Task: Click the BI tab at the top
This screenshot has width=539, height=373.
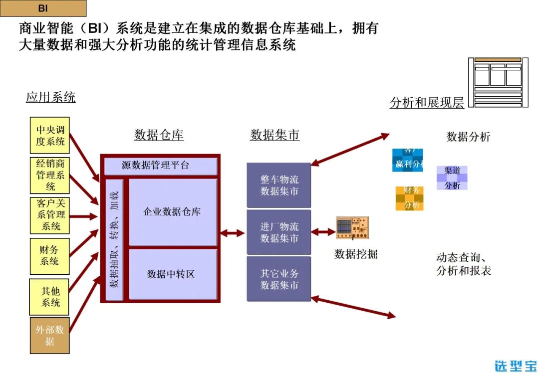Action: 42,8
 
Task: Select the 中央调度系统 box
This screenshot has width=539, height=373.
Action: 50,135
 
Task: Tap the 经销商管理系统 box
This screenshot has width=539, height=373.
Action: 50,175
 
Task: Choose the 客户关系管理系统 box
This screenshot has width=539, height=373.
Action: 50,215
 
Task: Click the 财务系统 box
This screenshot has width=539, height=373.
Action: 50,256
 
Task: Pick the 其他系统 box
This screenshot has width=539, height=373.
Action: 50,297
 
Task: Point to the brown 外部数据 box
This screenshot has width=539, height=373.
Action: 50,336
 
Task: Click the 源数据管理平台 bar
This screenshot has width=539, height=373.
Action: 160,166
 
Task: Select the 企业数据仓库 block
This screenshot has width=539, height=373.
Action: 173,212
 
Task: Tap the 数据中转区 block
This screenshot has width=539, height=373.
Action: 173,274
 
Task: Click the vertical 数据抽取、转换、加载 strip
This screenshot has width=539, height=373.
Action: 114,239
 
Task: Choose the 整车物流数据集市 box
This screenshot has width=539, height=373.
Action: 279,185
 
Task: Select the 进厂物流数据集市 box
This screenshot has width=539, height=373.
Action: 279,232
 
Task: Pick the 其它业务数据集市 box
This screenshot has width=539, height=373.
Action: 279,279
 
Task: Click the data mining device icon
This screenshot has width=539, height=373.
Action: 352,228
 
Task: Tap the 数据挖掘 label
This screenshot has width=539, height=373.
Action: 356,254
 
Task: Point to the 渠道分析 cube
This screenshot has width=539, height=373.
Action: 452,178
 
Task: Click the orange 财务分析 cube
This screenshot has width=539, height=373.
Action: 410,198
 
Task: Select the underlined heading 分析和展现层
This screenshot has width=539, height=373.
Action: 427,103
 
